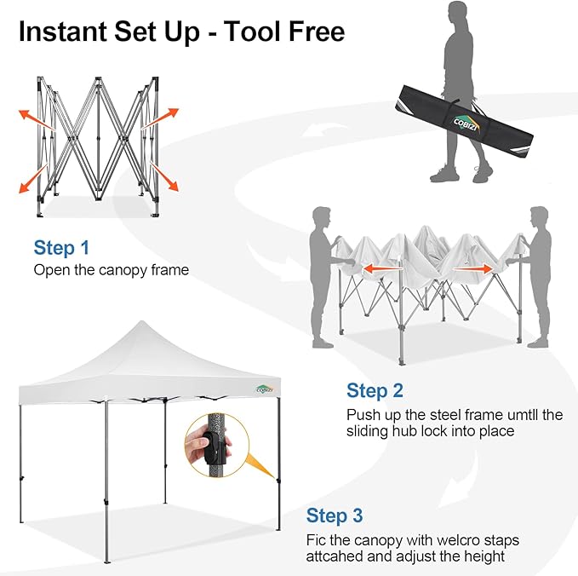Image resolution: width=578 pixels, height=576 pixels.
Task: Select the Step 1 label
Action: [x=61, y=248]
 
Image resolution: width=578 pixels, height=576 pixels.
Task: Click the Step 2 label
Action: [x=375, y=391]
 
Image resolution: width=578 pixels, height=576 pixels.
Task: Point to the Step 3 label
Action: [x=335, y=516]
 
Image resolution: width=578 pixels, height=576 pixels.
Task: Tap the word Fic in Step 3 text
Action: [x=318, y=540]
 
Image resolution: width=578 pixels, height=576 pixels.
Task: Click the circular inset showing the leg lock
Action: [x=213, y=445]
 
